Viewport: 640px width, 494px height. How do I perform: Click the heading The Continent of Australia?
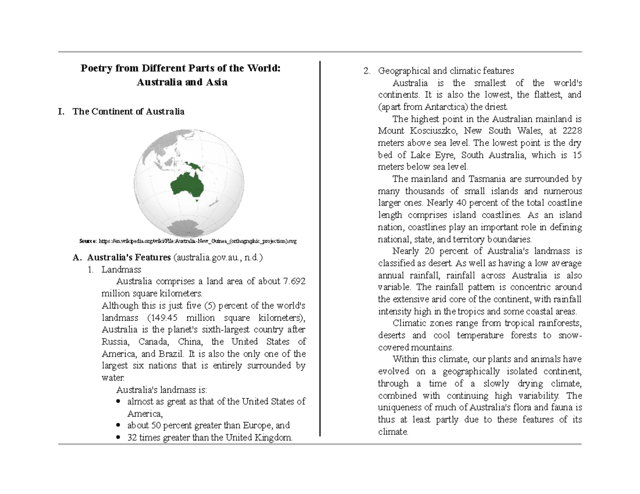129,112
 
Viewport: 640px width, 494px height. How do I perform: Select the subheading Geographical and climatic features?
446,71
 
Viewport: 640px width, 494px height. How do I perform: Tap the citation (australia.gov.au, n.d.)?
218,258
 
